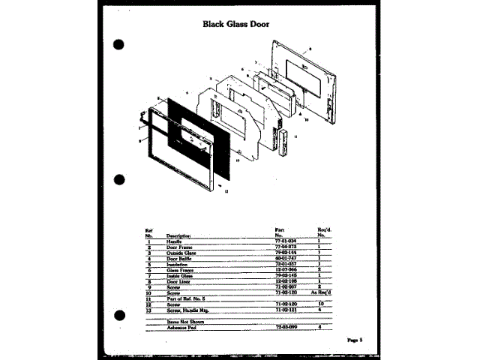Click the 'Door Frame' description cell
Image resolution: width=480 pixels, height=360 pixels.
click(x=181, y=246)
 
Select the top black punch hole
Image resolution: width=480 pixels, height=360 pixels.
click(x=118, y=43)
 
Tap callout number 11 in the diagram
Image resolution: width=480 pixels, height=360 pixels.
click(x=295, y=137)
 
